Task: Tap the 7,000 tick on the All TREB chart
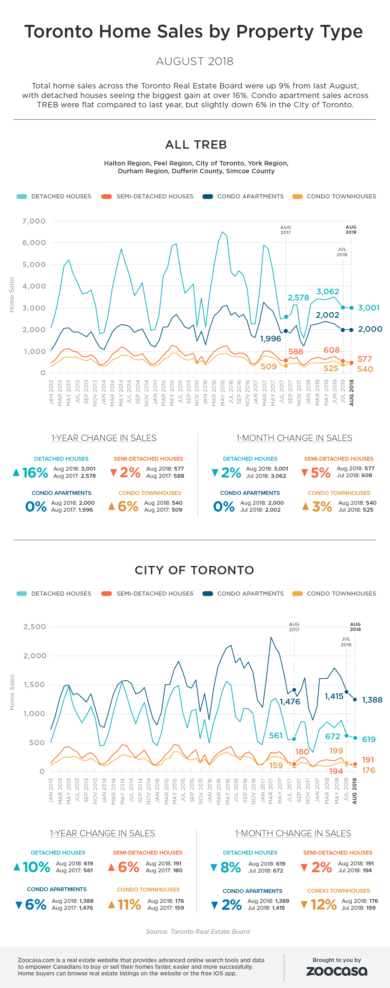point(34,221)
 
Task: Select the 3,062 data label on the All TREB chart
point(327,291)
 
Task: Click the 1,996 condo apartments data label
point(270,339)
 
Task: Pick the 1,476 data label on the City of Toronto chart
point(290,701)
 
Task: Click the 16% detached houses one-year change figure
point(35,472)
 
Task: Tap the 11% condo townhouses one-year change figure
point(129,904)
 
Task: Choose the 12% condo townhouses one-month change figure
point(323,904)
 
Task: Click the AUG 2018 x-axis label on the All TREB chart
point(351,392)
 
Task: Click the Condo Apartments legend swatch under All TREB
point(208,196)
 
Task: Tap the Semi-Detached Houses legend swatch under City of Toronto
point(106,593)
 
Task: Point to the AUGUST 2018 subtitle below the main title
point(195,61)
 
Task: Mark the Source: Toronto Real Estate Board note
point(198,931)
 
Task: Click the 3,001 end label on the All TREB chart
point(368,308)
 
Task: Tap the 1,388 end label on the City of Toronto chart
point(372,700)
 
